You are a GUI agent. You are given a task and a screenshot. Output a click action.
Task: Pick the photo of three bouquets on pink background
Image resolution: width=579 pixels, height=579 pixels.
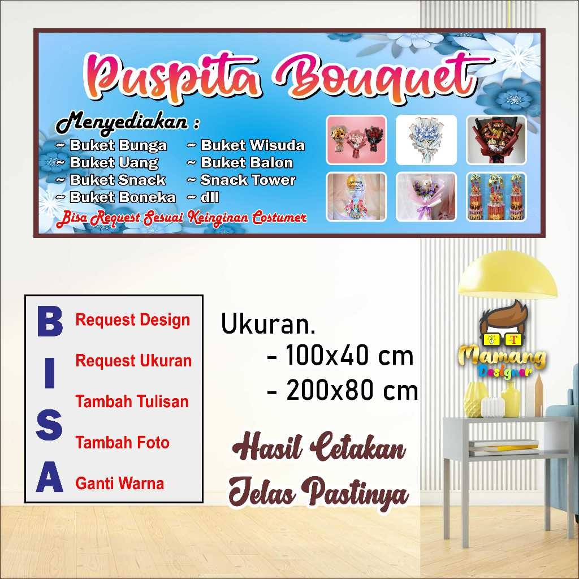coord(356,140)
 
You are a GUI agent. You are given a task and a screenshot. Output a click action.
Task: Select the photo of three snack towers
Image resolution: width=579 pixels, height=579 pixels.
coord(496,197)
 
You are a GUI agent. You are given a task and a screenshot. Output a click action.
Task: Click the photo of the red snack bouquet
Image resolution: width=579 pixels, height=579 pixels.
coord(496,140)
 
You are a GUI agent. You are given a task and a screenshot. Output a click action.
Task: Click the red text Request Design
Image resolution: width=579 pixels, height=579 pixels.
coord(133,320)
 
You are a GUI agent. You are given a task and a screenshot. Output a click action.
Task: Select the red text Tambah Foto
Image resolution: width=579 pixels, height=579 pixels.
coord(123,443)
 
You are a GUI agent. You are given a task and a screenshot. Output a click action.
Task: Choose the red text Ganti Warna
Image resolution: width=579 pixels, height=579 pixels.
coord(120,484)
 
